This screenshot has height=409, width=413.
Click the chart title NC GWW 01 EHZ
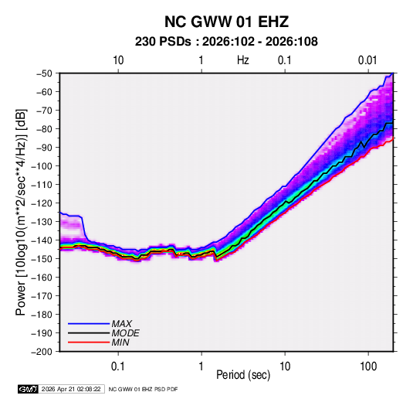(x=226, y=22)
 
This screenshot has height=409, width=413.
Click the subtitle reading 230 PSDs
(x=163, y=42)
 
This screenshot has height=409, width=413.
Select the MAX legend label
(x=121, y=324)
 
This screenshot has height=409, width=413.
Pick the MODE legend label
(x=125, y=333)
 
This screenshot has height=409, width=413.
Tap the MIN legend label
(x=120, y=343)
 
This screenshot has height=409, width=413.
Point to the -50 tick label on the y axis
(x=44, y=73)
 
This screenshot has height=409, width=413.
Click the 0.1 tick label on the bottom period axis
(x=118, y=366)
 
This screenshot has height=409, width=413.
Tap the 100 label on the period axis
(x=368, y=366)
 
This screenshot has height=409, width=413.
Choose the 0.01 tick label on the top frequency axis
(x=367, y=60)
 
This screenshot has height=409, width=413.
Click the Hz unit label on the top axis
(x=243, y=60)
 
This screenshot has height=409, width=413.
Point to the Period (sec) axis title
(x=243, y=375)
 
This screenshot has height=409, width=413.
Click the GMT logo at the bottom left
(x=28, y=389)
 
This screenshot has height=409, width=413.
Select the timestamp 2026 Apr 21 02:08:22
(x=71, y=389)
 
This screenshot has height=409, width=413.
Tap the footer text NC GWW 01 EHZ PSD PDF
(x=143, y=389)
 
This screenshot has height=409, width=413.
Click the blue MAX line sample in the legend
(x=89, y=324)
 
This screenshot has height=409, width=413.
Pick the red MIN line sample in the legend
(x=89, y=343)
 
